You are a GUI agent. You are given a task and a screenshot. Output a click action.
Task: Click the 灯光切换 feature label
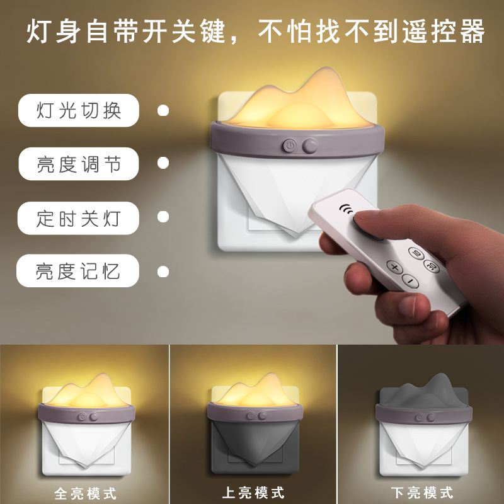click(79, 110)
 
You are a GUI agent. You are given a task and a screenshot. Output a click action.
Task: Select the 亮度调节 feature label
click(79, 164)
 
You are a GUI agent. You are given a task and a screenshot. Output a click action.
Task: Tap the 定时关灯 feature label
click(78, 218)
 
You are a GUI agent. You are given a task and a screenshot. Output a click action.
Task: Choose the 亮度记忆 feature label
click(77, 271)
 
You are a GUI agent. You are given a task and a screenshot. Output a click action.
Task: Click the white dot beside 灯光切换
click(163, 110)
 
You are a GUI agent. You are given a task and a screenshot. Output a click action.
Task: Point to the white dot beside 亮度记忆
click(163, 272)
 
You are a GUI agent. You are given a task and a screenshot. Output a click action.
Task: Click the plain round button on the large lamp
click(310, 146)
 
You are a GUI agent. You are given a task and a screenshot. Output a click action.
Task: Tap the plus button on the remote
click(395, 267)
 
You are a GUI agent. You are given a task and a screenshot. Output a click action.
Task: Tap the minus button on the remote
click(411, 280)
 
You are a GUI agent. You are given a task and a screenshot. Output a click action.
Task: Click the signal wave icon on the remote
click(346, 209)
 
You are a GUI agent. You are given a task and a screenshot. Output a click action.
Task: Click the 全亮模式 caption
click(86, 493)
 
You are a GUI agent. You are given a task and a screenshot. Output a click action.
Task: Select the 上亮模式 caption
click(253, 493)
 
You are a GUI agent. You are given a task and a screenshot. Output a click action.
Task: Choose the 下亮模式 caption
click(422, 493)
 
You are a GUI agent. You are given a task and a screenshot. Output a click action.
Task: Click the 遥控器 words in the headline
click(444, 31)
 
